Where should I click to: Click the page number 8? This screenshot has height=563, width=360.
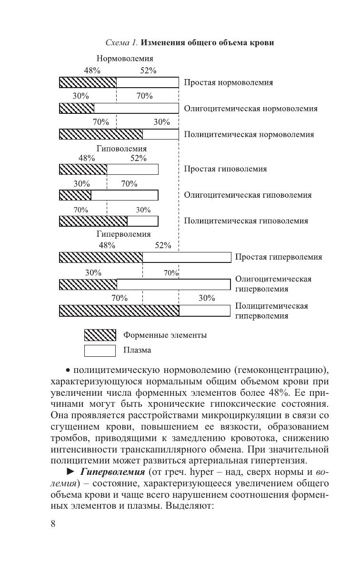pyautogui.click(x=53, y=523)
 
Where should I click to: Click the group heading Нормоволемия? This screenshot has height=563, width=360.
pyautogui.click(x=125, y=59)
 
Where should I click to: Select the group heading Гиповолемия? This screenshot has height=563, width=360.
pyautogui.click(x=121, y=149)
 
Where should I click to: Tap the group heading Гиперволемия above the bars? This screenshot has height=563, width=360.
pyautogui.click(x=123, y=234)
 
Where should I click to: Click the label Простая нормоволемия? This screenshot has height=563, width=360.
pyautogui.click(x=229, y=82)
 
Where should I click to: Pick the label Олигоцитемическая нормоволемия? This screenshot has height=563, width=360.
pyautogui.click(x=250, y=109)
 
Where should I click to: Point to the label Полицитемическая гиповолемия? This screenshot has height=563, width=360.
pyautogui.click(x=246, y=221)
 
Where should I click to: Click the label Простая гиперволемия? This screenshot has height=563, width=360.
pyautogui.click(x=279, y=257)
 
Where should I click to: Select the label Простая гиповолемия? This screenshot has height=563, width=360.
pyautogui.click(x=225, y=169)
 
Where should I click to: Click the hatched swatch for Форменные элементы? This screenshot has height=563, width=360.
pyautogui.click(x=100, y=335)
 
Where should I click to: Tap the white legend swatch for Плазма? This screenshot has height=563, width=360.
pyautogui.click(x=100, y=351)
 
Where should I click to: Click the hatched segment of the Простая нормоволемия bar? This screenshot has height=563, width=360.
pyautogui.click(x=88, y=82)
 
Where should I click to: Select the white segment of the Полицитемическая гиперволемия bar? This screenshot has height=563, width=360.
pyautogui.click(x=205, y=311)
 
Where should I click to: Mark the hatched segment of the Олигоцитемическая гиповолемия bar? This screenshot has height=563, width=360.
pyautogui.click(x=75, y=195)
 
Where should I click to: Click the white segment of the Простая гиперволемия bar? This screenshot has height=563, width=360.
pyautogui.click(x=186, y=258)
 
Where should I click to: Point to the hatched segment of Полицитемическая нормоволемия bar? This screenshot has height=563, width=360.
pyautogui.click(x=101, y=134)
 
